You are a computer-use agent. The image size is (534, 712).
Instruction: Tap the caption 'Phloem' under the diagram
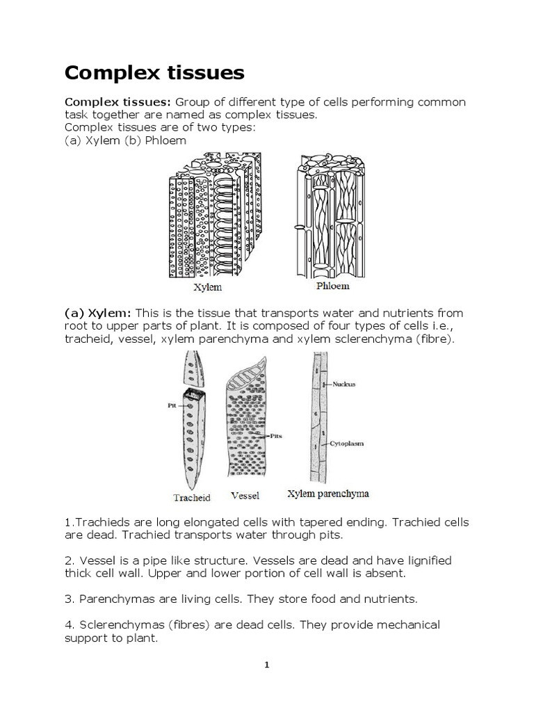click(x=332, y=285)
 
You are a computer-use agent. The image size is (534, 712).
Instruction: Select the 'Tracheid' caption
click(x=191, y=497)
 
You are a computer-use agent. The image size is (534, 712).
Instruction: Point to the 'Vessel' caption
click(x=244, y=496)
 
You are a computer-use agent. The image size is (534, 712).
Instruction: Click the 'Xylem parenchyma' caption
click(x=328, y=494)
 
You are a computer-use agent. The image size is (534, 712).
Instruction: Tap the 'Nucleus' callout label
click(x=345, y=383)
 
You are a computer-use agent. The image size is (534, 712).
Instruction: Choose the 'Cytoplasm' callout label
click(x=348, y=442)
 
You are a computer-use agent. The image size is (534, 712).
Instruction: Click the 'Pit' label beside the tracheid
click(x=171, y=403)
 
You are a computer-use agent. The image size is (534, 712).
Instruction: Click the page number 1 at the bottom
click(x=266, y=665)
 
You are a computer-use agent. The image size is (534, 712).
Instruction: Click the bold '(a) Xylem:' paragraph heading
click(x=98, y=313)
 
